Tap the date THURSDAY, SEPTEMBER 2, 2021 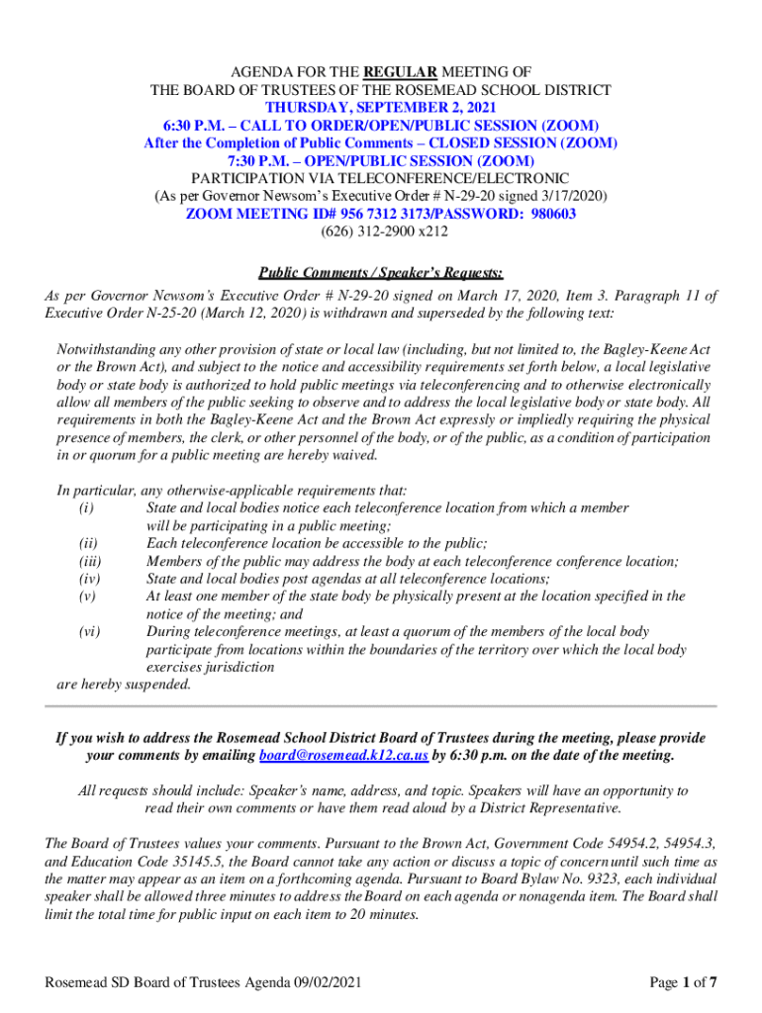click(x=380, y=107)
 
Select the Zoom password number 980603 click(x=548, y=214)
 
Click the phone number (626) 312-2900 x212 click(x=380, y=231)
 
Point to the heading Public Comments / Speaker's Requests click(x=380, y=273)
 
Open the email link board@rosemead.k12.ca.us click(x=343, y=756)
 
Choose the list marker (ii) click(x=87, y=543)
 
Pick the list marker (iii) click(x=89, y=561)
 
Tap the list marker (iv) click(x=88, y=579)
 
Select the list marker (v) click(x=87, y=597)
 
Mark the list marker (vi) click(x=88, y=632)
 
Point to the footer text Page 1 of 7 click(x=683, y=982)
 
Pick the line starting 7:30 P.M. click(x=380, y=160)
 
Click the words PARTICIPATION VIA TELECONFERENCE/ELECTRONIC click(x=380, y=178)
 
